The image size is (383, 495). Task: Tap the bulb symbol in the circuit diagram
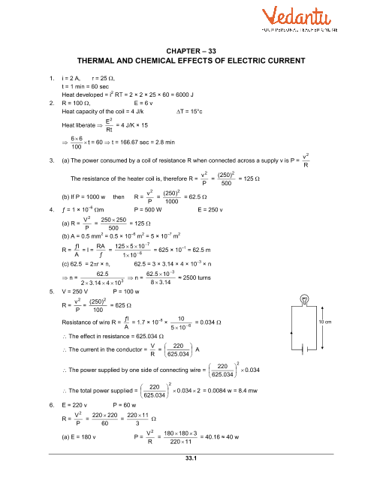click(306, 298)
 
